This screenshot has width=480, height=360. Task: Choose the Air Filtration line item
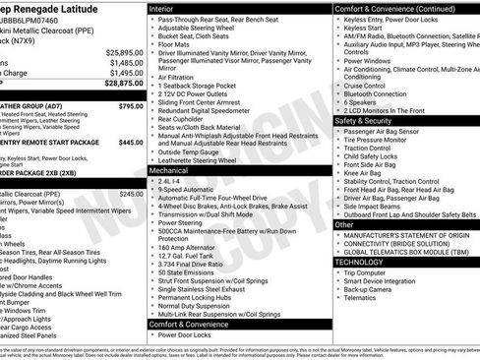click(175, 77)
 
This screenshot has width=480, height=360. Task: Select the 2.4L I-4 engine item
click(168, 182)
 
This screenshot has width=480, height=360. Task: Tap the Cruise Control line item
click(364, 86)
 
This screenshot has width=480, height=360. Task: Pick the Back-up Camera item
click(369, 289)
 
